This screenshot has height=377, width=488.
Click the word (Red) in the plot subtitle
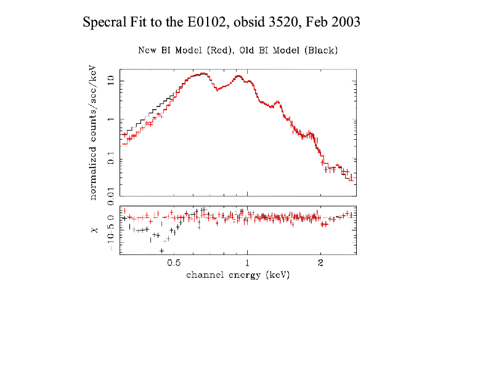click(x=215, y=50)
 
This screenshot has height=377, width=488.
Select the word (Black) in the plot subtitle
click(x=321, y=50)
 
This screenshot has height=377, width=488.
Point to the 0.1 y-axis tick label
click(x=112, y=160)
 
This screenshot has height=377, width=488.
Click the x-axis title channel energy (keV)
click(x=238, y=275)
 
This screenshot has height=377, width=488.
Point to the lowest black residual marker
click(x=161, y=251)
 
